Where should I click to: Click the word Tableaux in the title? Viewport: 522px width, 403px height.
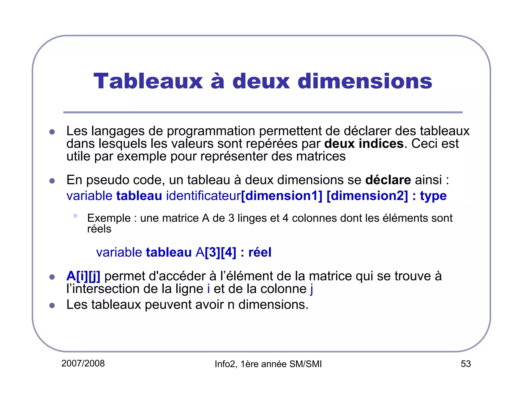(148, 81)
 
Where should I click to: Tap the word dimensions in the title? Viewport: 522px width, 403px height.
(365, 81)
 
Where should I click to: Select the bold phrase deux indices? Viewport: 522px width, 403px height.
(364, 144)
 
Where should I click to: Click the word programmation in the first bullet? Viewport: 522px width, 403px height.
(211, 131)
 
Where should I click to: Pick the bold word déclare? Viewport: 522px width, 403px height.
(388, 180)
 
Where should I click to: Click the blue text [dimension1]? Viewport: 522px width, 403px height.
(282, 196)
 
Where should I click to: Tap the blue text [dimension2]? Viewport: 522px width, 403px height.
(367, 196)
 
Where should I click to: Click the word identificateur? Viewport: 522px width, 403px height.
(203, 196)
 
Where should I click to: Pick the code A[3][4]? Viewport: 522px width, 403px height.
(216, 252)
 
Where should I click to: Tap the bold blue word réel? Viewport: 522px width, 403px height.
(260, 252)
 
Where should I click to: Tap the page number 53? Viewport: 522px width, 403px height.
(465, 364)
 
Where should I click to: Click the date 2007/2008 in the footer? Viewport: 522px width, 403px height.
(83, 364)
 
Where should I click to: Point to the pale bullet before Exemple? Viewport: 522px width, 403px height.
(75, 216)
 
